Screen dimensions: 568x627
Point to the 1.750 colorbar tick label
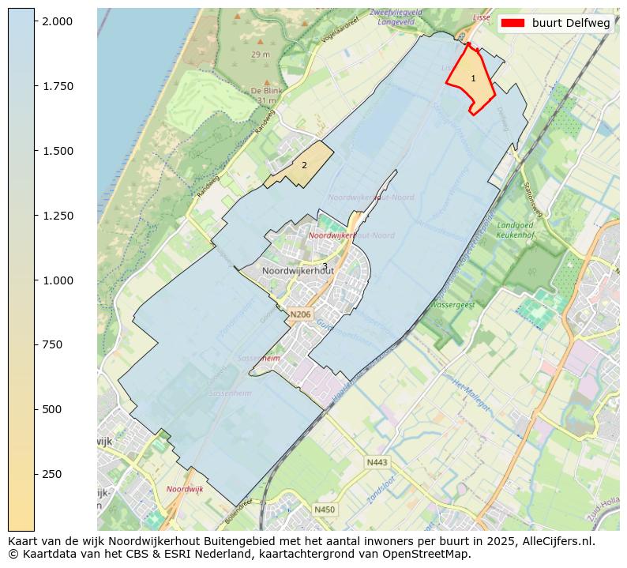pos(59,86)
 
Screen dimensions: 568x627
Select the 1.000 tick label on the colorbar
pos(59,280)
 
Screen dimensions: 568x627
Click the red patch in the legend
pos(512,23)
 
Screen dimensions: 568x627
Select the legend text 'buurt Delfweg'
pos(571,23)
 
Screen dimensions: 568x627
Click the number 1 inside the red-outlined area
pos(473,78)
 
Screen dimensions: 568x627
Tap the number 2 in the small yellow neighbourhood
pos(304,165)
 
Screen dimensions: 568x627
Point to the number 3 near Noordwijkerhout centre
pos(325,266)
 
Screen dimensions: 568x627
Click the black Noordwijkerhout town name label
pos(298,270)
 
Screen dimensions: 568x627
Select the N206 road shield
pos(299,314)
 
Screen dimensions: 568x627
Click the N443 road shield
pos(377,462)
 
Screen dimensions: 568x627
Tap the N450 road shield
pos(325,510)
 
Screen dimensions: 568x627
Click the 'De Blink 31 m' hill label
pos(266,96)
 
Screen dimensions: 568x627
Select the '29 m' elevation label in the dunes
pos(261,55)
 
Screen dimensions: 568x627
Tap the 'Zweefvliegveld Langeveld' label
pos(396,18)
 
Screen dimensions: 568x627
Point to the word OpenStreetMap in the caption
pos(428,554)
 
